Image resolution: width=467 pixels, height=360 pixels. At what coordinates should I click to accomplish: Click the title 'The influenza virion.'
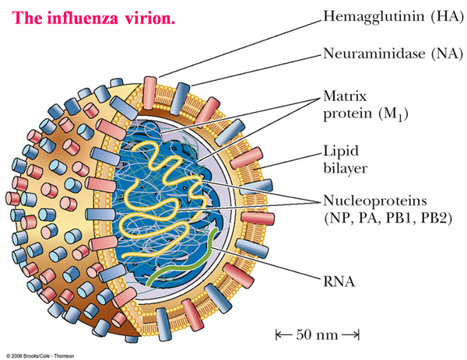pos(93,16)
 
